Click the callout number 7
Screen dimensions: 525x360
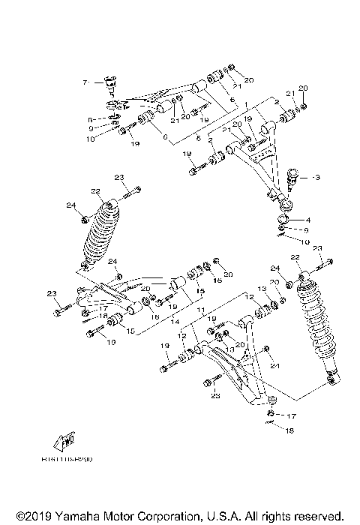[x=85, y=81]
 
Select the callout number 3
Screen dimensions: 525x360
[x=316, y=177]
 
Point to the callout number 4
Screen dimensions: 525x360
[x=307, y=220]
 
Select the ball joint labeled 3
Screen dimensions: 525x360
[x=295, y=178]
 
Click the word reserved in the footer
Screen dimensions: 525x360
[x=319, y=517]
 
